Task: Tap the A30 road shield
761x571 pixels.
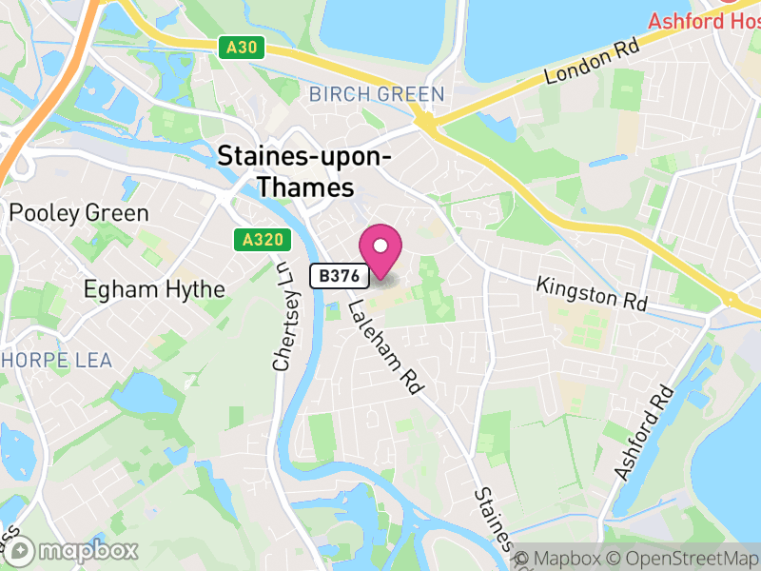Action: (243, 48)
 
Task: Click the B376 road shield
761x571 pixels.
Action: (340, 276)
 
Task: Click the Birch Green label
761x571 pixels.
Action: (377, 94)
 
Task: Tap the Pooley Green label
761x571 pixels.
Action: (79, 212)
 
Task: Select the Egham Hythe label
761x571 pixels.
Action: (154, 288)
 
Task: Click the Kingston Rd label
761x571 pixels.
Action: (591, 292)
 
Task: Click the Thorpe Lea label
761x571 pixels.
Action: (57, 360)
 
